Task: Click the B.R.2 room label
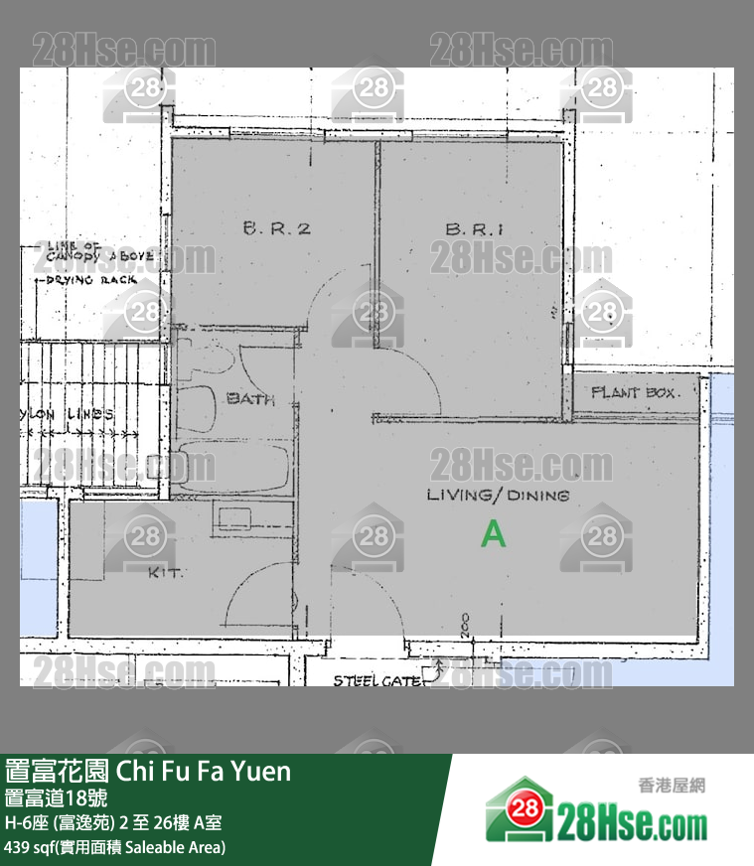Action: coord(277,228)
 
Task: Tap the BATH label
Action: coord(250,399)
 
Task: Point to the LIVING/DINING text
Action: coord(498,495)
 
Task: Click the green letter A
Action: coord(493,534)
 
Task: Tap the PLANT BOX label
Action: coord(633,393)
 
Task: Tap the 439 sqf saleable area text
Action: coord(114,847)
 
